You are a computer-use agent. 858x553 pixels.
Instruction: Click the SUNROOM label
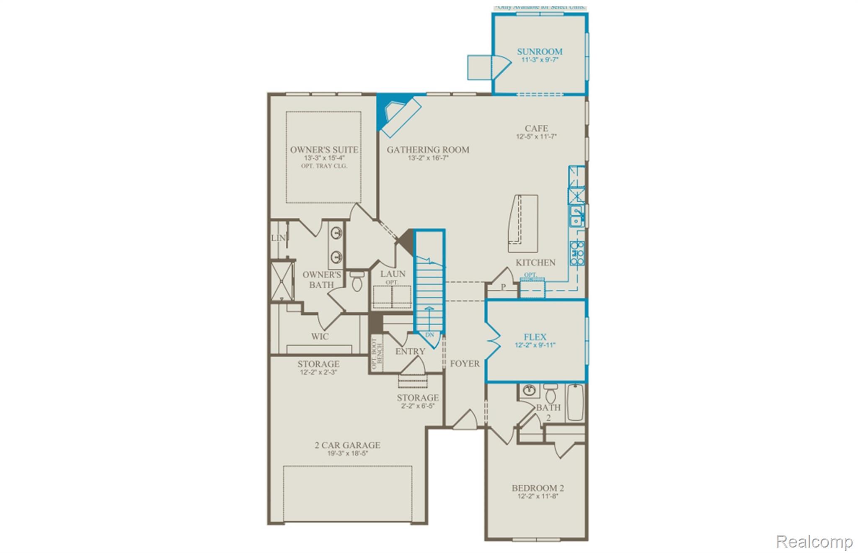tap(539, 52)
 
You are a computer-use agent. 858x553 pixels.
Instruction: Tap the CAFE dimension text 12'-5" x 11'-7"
tap(536, 137)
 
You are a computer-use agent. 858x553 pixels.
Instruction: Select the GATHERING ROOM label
tap(428, 150)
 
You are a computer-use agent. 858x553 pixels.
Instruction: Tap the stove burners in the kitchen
tap(577, 253)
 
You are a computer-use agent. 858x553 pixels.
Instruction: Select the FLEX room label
tap(535, 337)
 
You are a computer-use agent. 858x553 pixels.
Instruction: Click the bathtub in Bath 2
tap(575, 402)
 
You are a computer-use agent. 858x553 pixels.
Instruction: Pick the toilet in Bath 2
tap(550, 394)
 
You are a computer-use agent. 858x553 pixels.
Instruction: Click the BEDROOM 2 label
tap(538, 488)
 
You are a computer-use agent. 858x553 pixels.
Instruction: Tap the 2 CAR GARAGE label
tap(347, 445)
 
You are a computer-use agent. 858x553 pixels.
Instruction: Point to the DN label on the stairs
tap(429, 335)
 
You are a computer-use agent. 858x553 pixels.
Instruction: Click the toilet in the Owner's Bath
tap(357, 281)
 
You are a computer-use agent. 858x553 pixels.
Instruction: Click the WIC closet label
tap(320, 337)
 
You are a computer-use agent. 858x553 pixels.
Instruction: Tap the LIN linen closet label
tap(278, 238)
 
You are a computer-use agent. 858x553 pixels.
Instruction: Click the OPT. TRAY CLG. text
tap(324, 166)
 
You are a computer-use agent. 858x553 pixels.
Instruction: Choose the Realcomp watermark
tap(814, 542)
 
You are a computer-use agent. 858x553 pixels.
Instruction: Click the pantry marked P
tap(503, 287)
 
